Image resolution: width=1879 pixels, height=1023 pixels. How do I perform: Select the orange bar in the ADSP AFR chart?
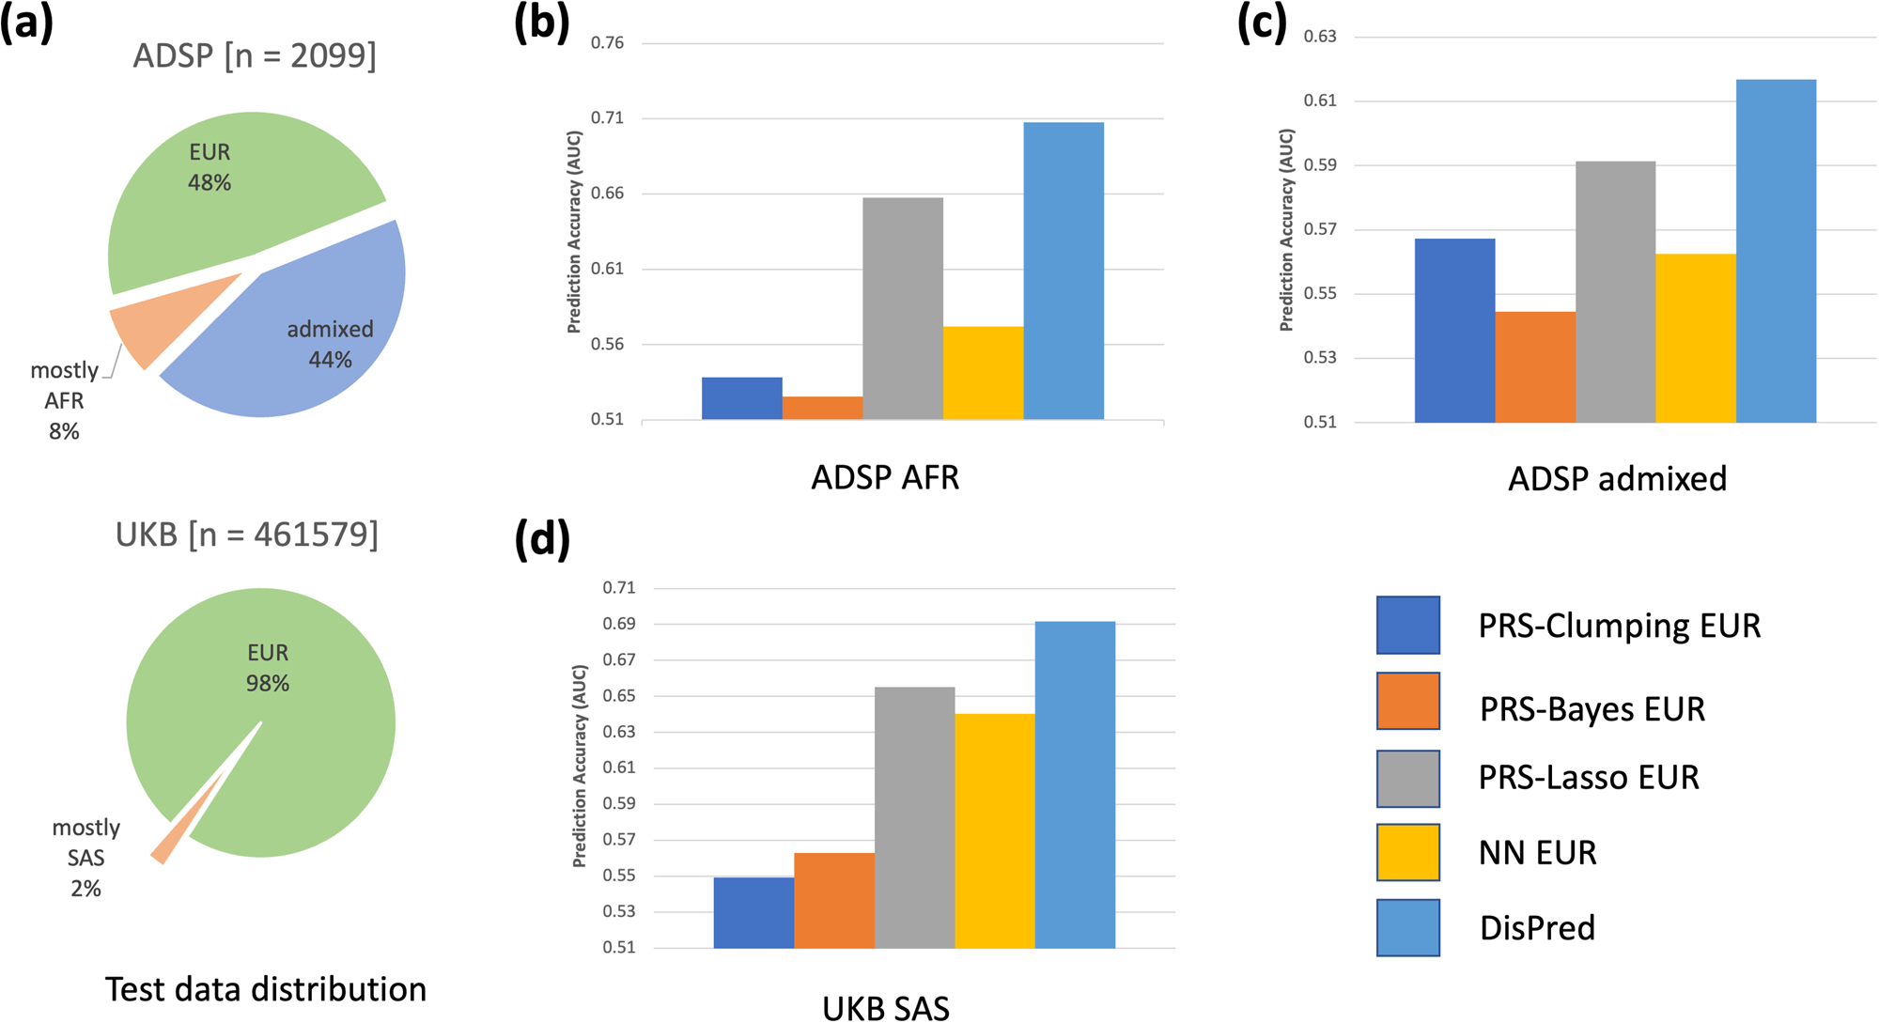[x=822, y=409]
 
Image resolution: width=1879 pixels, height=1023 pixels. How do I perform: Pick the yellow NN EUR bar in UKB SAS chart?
[x=995, y=830]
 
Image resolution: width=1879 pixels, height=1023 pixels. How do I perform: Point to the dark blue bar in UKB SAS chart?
[x=753, y=912]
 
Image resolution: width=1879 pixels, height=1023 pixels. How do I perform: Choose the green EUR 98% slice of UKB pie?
[x=282, y=733]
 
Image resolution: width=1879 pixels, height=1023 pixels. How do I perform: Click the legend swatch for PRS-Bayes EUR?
[x=1407, y=701]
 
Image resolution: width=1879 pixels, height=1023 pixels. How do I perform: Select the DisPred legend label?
[x=1537, y=928]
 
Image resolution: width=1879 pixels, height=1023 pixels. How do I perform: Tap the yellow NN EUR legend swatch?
[x=1407, y=852]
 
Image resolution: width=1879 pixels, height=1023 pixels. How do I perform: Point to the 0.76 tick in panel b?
[x=607, y=43]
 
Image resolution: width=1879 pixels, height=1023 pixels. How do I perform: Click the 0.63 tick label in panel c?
[x=1320, y=37]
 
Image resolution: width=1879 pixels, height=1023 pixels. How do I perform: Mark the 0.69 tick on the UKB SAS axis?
[x=618, y=624]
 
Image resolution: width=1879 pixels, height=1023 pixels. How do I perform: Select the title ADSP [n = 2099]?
[x=255, y=55]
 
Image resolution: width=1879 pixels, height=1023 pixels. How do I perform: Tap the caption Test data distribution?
[x=265, y=989]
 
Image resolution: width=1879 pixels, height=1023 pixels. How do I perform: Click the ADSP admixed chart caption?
[x=1617, y=479]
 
